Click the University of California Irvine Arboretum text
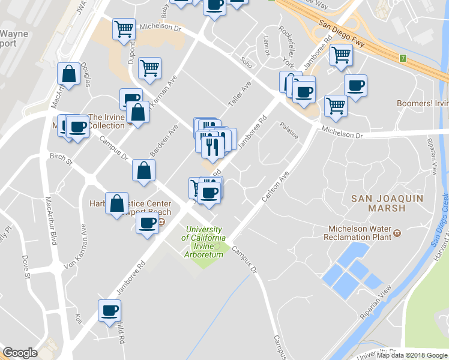click(x=204, y=242)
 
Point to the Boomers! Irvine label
click(x=423, y=103)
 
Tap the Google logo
click(x=20, y=353)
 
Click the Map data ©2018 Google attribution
click(x=412, y=355)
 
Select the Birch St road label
click(x=61, y=160)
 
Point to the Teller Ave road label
click(x=238, y=95)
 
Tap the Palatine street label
click(x=289, y=130)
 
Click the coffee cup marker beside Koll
click(x=109, y=311)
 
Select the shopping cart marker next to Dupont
click(x=124, y=28)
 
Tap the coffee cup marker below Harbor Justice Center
click(x=146, y=224)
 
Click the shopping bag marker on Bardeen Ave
click(x=144, y=170)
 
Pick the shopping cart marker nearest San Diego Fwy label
click(x=341, y=55)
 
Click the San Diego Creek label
click(x=439, y=218)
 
